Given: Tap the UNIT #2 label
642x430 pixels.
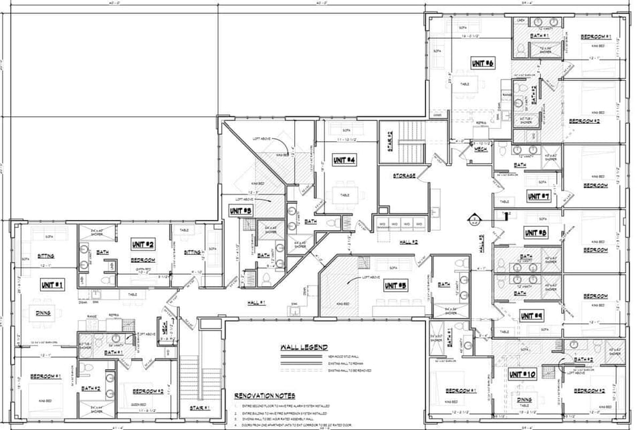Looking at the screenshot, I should (x=143, y=244).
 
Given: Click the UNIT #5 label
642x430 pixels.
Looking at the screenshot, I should (x=395, y=286).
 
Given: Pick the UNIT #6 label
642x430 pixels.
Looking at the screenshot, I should (x=482, y=63).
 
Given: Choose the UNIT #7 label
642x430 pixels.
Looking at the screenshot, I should (x=537, y=197).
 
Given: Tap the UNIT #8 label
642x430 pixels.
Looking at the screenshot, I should (x=535, y=233).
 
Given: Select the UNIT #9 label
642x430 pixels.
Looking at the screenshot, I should (x=532, y=314).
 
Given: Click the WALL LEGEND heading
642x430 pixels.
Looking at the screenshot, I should (x=304, y=348).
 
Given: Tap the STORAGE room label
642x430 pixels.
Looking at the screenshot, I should (x=404, y=175).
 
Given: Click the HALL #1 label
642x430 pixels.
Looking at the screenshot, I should (x=257, y=303).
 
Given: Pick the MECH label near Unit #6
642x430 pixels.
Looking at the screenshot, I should (x=479, y=150).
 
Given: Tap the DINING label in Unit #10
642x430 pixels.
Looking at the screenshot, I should (x=524, y=400).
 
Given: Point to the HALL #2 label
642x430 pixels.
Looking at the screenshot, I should (x=409, y=241).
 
